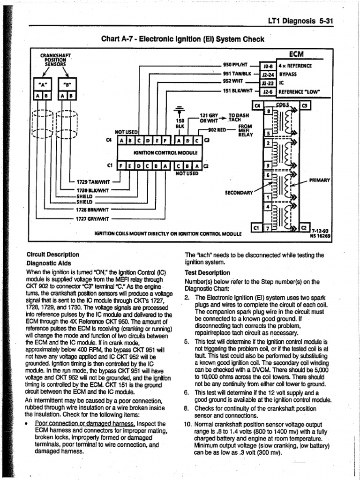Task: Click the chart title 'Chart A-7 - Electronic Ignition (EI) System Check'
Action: click(x=183, y=39)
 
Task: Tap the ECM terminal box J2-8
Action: click(x=269, y=66)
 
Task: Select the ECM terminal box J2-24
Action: click(x=269, y=74)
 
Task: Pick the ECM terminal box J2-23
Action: click(x=269, y=82)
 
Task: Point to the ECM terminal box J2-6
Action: click(x=269, y=91)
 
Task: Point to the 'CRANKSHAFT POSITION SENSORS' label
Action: click(x=55, y=60)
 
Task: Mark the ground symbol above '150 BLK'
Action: click(x=179, y=111)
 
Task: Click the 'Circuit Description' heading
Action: click(x=52, y=255)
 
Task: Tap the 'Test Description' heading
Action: click(x=207, y=272)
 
